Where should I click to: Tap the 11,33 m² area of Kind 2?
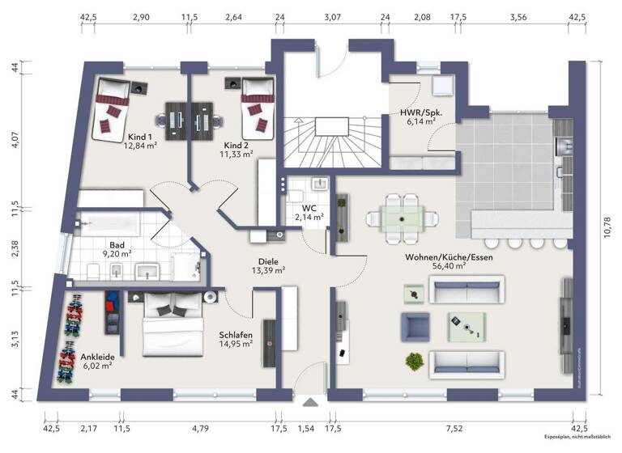tap(238, 153)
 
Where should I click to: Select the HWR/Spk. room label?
tap(418, 112)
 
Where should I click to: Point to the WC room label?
tap(309, 207)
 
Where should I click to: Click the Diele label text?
tap(268, 261)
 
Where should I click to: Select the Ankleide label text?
tap(96, 357)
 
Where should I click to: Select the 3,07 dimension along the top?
tap(333, 16)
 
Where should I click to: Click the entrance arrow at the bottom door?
tap(309, 401)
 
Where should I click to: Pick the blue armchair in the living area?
tap(415, 325)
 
